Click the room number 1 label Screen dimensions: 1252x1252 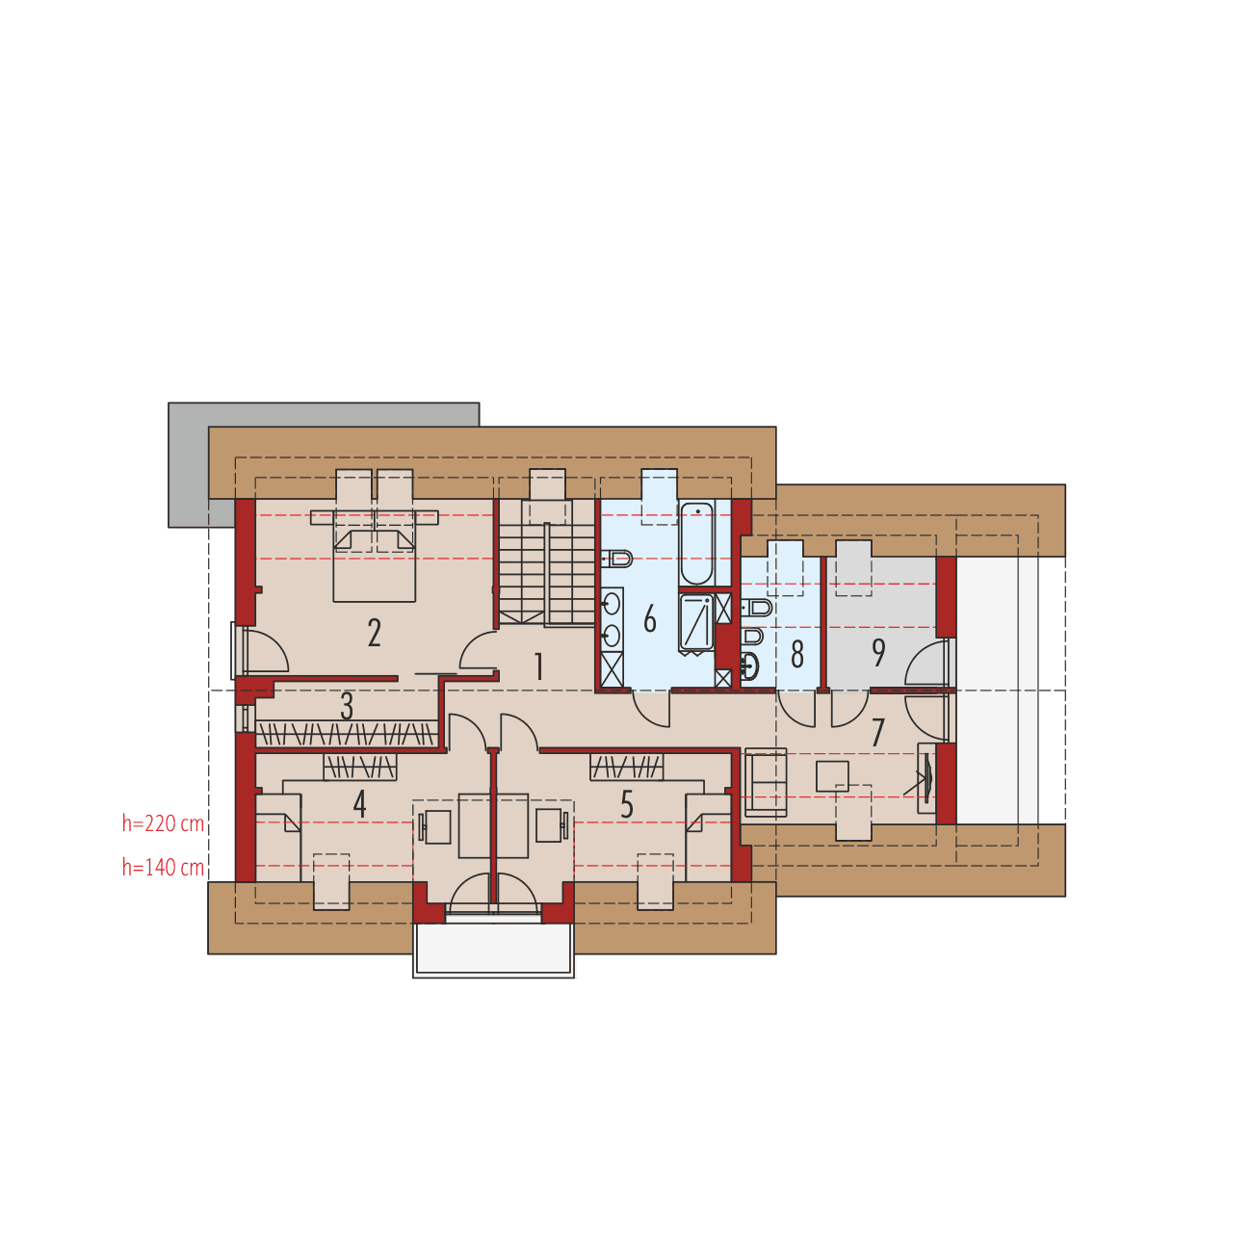(x=539, y=666)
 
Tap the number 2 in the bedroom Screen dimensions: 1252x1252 (x=375, y=633)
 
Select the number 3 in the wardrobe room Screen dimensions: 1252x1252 (x=347, y=706)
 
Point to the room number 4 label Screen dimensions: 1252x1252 (x=360, y=804)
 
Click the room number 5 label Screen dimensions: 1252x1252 (x=627, y=804)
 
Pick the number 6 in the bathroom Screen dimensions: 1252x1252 (x=650, y=619)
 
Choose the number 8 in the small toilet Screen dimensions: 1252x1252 (x=797, y=655)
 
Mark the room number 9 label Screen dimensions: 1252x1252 (x=878, y=652)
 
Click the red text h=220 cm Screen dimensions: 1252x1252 (x=163, y=823)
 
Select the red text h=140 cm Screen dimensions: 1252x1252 (x=163, y=868)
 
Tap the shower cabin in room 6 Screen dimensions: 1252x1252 (x=696, y=622)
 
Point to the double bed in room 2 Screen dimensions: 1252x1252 (x=375, y=563)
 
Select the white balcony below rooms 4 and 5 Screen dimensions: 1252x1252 (x=494, y=949)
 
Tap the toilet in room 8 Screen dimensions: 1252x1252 (x=758, y=608)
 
